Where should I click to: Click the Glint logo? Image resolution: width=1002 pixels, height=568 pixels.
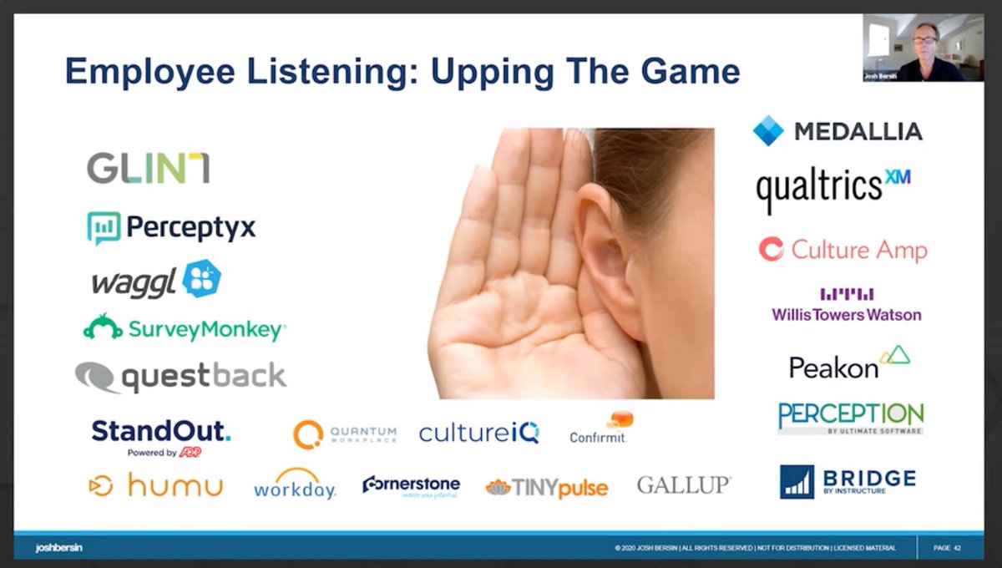pos(148,168)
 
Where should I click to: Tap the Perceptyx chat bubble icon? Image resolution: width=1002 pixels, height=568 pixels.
pos(104,227)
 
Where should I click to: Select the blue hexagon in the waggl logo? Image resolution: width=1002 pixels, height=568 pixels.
pos(201,279)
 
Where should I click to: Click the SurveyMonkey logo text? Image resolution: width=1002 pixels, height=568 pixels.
pos(205,330)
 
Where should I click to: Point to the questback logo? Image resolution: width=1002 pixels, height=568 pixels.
pos(180,377)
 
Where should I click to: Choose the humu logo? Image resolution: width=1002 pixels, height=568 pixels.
pos(155,484)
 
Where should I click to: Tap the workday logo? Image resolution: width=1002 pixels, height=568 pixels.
pos(295,484)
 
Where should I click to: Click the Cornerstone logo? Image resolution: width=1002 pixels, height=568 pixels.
pos(411,485)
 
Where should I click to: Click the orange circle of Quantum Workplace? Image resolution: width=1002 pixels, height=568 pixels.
pos(307,434)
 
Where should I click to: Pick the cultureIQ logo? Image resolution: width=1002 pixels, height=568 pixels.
pos(478,433)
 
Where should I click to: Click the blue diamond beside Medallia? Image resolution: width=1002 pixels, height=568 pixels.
pos(768,131)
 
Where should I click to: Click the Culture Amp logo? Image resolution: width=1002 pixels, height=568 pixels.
pos(843,250)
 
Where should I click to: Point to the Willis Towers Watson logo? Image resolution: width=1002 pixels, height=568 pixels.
pos(847,307)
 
